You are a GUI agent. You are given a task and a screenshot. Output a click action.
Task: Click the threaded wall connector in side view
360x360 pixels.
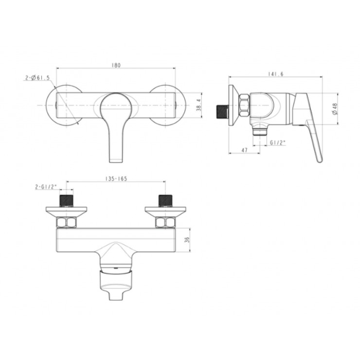pyautogui.click(x=222, y=111)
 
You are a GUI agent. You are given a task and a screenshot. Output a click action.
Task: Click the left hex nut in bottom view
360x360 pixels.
pyautogui.click(x=66, y=222)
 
